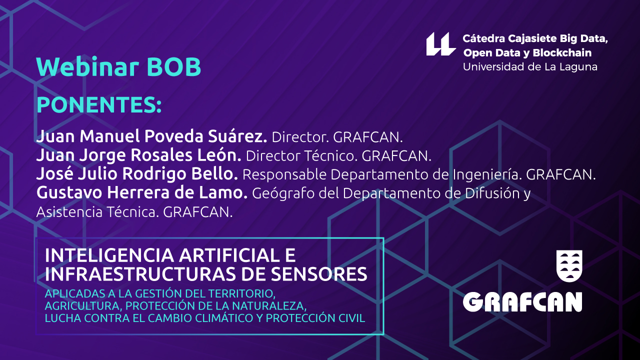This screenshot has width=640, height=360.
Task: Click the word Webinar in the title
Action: [x=87, y=67]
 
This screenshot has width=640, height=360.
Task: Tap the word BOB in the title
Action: [x=174, y=67]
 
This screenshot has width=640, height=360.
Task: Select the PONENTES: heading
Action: [x=99, y=105]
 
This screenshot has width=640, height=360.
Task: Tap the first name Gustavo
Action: [x=69, y=192]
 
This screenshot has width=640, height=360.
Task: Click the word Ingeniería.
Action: [x=485, y=175]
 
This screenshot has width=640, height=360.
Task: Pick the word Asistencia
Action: [x=69, y=212]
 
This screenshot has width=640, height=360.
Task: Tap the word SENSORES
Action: [x=319, y=274]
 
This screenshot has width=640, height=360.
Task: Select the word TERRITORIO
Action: [x=241, y=293]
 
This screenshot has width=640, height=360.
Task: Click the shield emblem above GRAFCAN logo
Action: [x=569, y=265]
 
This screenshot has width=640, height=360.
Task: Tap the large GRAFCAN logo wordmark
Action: [x=522, y=302]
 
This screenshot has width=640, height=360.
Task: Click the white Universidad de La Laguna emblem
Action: [x=441, y=44]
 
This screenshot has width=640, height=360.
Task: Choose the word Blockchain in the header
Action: [x=562, y=53]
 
